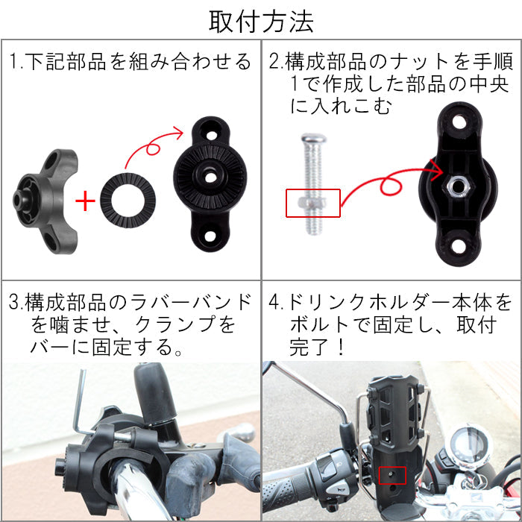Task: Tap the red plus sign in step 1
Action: [87, 201]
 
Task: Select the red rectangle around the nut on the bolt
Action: [313, 203]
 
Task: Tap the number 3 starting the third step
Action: [13, 304]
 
